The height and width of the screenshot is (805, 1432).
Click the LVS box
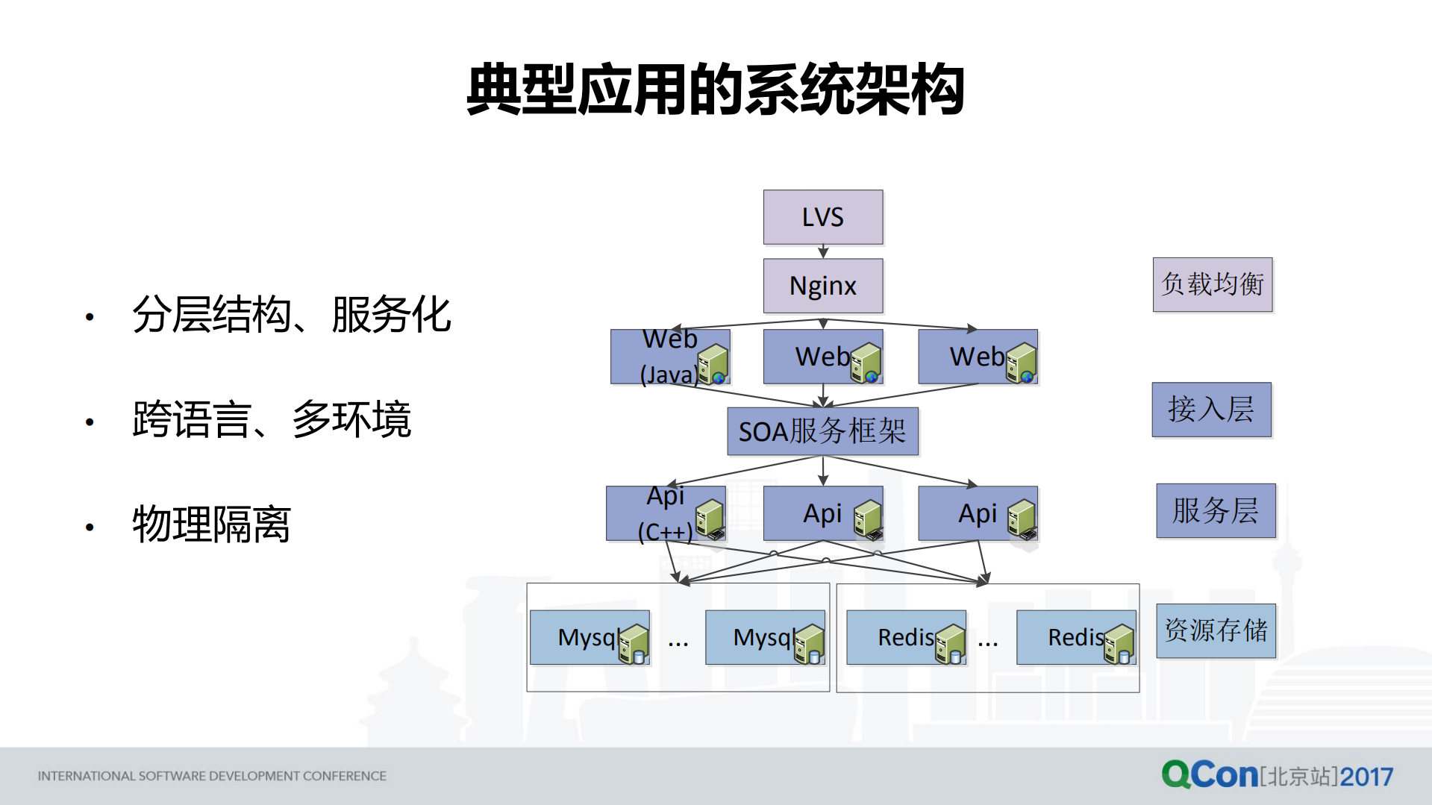tap(822, 217)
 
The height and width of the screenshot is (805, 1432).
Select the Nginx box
tap(822, 286)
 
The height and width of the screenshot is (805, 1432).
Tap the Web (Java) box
tap(669, 357)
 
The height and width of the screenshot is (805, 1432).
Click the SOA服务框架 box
tap(822, 431)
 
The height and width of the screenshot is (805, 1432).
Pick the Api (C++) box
tap(665, 513)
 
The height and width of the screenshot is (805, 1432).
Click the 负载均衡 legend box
tap(1212, 284)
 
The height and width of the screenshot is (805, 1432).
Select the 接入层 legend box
tap(1211, 410)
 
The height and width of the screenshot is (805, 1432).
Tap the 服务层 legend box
tap(1215, 511)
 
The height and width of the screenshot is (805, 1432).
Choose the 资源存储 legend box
tap(1216, 630)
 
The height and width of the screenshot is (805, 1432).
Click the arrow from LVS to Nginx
tap(823, 251)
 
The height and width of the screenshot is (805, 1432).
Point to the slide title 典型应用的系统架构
tap(715, 90)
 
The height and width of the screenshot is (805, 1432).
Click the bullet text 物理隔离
tap(211, 524)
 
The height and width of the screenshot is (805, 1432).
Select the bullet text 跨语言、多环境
tap(272, 420)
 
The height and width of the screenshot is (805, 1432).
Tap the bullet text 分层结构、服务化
tap(291, 315)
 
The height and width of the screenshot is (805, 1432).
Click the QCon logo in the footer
tap(1210, 774)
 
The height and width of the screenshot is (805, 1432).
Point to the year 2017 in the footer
tap(1366, 777)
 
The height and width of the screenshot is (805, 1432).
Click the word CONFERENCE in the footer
tap(344, 776)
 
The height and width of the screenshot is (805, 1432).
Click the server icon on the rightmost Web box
tap(1022, 363)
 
